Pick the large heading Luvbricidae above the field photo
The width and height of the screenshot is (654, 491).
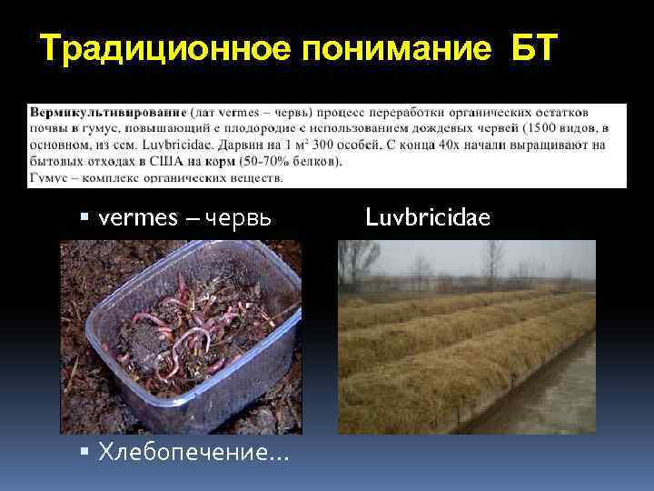[427, 217]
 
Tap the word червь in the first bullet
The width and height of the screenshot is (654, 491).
[238, 218]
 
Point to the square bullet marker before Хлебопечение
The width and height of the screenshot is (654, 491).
[84, 451]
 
